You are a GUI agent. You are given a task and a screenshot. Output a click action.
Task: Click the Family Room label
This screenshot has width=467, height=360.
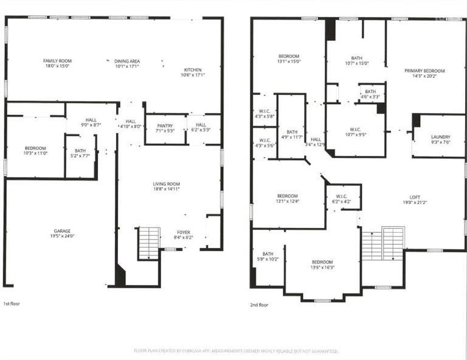58,64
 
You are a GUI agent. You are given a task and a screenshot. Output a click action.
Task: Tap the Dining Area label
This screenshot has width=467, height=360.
128,64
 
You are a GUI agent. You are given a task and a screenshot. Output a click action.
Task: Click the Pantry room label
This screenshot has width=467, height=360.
165,127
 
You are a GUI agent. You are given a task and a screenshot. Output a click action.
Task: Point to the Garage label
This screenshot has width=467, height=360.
62,234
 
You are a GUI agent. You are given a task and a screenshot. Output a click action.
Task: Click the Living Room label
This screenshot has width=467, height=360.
166,186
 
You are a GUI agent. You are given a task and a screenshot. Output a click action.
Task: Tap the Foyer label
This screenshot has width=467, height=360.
184,234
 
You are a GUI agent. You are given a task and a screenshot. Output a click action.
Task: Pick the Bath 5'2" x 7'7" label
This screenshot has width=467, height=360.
80,154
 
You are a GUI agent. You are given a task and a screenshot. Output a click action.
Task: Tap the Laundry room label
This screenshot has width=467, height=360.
440,139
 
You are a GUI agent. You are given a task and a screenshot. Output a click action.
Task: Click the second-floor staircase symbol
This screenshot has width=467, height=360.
383,243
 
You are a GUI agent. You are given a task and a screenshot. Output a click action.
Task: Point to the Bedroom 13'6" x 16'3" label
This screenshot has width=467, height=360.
322,265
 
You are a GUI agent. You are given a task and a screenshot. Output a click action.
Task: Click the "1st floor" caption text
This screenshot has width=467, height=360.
12,303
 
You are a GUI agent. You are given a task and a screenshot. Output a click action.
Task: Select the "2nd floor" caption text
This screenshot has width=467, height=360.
259,304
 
